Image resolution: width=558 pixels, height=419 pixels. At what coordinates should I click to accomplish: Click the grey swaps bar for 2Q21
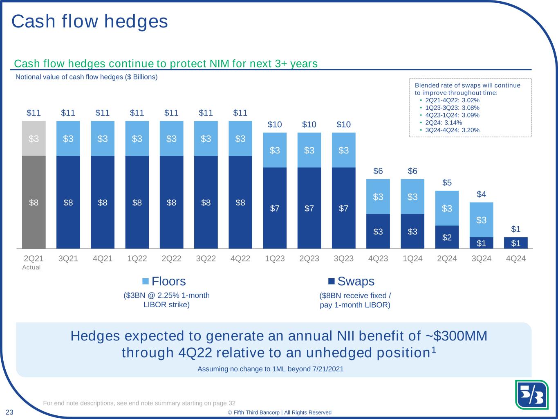[x=34, y=202]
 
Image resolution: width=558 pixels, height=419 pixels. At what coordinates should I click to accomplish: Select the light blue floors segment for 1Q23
[x=275, y=150]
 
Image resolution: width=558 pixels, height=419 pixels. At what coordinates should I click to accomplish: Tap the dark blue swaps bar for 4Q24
[x=516, y=243]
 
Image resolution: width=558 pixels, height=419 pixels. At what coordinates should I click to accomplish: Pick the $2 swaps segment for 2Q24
[x=447, y=237]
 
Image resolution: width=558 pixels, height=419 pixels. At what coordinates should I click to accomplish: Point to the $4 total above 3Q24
[x=482, y=194]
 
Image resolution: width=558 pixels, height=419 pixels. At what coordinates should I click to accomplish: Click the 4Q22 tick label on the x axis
[x=240, y=259]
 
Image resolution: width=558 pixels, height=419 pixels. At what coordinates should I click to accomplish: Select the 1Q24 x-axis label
[x=412, y=259]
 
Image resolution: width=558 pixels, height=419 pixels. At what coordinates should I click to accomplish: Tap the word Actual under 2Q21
[x=31, y=267]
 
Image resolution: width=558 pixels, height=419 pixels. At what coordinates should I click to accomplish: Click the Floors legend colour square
[x=146, y=281]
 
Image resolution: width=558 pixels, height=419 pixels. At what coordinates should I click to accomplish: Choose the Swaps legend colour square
[x=332, y=281]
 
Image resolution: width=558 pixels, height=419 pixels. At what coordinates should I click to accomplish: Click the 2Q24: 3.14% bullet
[x=444, y=122]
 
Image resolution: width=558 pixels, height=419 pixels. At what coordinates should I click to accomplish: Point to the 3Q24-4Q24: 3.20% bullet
[x=452, y=130]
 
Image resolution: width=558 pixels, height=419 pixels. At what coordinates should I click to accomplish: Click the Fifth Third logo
[x=531, y=395]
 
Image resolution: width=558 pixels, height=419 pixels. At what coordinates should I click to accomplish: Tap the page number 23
[x=9, y=412]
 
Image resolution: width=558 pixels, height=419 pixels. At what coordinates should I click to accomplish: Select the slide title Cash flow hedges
[x=90, y=21]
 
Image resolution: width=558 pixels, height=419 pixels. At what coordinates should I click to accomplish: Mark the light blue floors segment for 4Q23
[x=378, y=197]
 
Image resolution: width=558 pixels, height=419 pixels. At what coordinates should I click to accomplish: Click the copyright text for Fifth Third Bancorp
[x=280, y=412]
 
